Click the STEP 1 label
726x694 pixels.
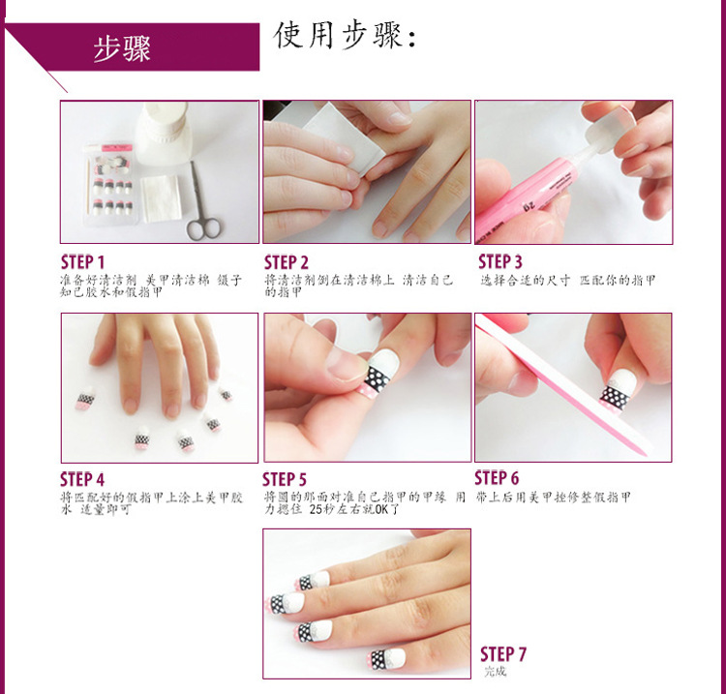[82, 262]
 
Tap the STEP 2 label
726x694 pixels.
[287, 262]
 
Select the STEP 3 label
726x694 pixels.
[500, 261]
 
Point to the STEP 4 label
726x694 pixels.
[82, 479]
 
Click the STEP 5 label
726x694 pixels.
[285, 479]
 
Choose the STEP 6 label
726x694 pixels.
[497, 478]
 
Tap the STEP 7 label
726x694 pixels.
[503, 654]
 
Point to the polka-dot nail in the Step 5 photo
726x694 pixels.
[380, 374]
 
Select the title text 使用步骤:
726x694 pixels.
[346, 36]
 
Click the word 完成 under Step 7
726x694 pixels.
[495, 672]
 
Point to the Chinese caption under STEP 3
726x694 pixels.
[568, 280]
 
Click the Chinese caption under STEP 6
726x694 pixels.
[553, 497]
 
